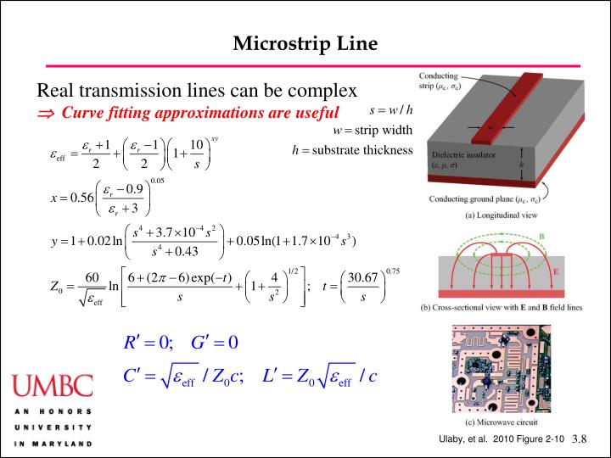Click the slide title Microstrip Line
pos(305,42)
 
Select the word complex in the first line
pos(319,91)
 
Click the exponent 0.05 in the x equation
pos(158,180)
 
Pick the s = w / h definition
pos(391,110)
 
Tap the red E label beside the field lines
pos(556,273)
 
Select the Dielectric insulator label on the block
pos(464,156)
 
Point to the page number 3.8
pos(580,438)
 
